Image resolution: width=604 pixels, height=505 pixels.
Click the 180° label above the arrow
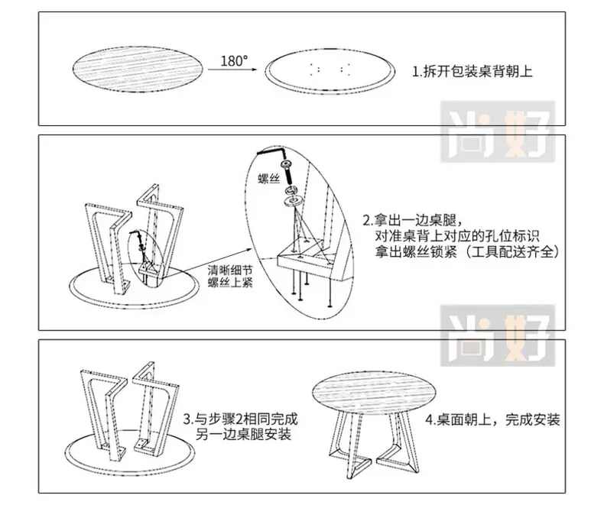coord(234,60)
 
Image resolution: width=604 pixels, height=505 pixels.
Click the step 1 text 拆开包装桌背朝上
coord(472,73)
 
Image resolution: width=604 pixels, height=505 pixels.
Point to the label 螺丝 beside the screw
coord(268,176)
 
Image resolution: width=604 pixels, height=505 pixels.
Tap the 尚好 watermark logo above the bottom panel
coord(501,330)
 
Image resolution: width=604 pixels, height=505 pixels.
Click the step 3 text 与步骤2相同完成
coord(240,420)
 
